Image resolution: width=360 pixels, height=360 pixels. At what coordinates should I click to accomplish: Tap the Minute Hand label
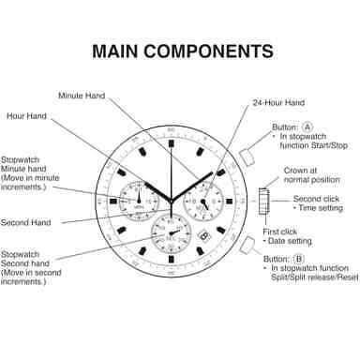click(x=82, y=96)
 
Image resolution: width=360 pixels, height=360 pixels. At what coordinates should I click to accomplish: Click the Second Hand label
click(x=25, y=223)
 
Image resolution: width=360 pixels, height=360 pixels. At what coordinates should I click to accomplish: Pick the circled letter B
click(x=298, y=259)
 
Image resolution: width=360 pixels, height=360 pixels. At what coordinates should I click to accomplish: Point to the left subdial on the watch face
click(x=137, y=199)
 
